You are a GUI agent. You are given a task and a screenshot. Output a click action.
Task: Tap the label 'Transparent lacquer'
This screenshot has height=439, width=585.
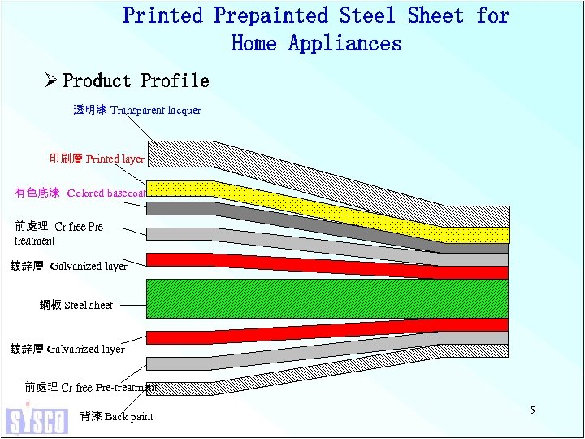click(x=137, y=109)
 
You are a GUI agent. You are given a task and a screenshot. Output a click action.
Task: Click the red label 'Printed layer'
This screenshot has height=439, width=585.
click(x=97, y=159)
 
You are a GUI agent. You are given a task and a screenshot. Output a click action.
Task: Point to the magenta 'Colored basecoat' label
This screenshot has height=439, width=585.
click(x=80, y=193)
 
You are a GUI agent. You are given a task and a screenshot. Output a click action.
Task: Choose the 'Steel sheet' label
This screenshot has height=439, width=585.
click(x=76, y=305)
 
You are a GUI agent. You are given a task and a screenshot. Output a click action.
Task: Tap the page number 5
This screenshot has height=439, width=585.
click(x=532, y=411)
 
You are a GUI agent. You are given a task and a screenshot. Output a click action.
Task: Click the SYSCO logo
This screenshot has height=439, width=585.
click(x=37, y=419)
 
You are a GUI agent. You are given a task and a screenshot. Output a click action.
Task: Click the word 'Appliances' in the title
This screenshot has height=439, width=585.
click(x=345, y=43)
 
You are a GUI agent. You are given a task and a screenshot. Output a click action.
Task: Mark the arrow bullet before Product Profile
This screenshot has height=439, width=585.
click(x=51, y=80)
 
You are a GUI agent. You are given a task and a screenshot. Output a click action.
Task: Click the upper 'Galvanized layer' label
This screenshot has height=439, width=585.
click(x=68, y=266)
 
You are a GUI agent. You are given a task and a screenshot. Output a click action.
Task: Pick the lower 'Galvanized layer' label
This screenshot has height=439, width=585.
click(x=67, y=349)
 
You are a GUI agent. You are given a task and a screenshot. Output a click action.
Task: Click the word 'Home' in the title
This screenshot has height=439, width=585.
click(x=254, y=43)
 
